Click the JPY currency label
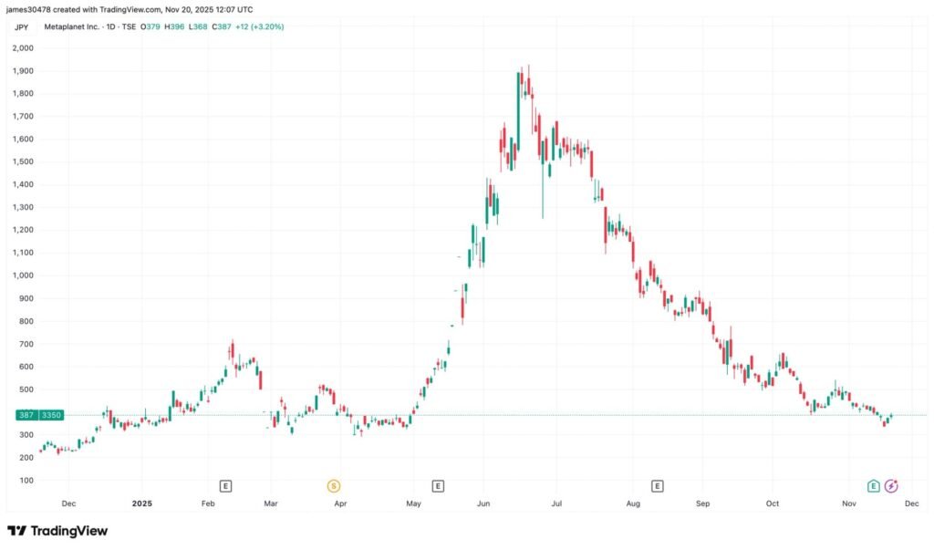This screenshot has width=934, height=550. coord(22,27)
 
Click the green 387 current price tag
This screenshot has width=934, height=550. coord(25,415)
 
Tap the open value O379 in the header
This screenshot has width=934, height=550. coord(152,27)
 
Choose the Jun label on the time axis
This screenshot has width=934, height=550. coord(483,503)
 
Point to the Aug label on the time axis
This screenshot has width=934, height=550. coord(633,503)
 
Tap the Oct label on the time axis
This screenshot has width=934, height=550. coord(773,503)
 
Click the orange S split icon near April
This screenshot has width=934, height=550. coord(334,486)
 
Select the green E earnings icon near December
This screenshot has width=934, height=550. coord(874,486)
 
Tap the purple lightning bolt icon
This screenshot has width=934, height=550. coord(891,486)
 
